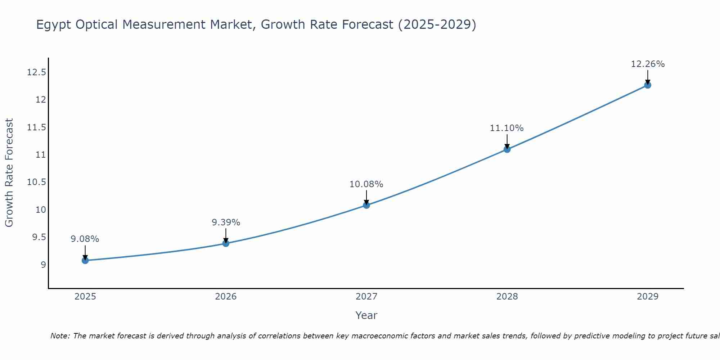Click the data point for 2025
[x=85, y=260]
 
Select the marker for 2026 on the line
[x=226, y=243]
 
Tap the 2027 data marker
[x=366, y=205]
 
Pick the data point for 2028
[x=507, y=149]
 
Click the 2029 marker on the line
[x=648, y=85]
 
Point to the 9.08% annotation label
[x=85, y=239]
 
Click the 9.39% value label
[x=226, y=222]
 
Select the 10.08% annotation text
[x=366, y=184]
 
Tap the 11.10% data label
[x=507, y=128]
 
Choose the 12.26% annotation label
[x=648, y=64]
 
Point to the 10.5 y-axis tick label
[x=37, y=182]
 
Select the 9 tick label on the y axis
[x=44, y=265]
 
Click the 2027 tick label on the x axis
[x=366, y=297]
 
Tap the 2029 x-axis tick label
[x=648, y=297]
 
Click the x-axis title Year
[x=366, y=315]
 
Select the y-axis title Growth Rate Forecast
[x=9, y=173]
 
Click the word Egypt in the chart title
[x=52, y=25]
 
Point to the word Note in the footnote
[x=59, y=336]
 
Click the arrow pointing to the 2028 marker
[x=507, y=141]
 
